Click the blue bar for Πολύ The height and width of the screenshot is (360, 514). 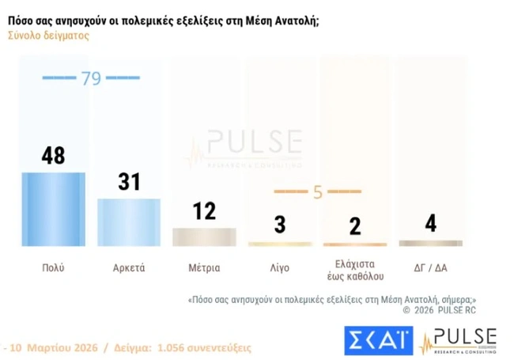[54, 209]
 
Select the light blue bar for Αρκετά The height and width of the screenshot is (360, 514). [128, 222]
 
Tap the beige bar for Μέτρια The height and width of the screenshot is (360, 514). [204, 237]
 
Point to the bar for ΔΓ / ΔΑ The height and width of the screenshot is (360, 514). [431, 243]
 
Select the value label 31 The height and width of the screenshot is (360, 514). [128, 182]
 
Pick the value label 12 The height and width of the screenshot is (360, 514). [204, 210]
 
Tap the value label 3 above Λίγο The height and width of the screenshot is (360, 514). [280, 225]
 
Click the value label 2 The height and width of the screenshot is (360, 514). [355, 225]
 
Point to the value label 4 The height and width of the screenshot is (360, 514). [431, 222]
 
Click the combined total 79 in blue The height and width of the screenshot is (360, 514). [90, 78]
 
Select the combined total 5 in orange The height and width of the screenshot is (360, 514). [317, 191]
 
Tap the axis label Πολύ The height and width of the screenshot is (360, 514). [53, 267]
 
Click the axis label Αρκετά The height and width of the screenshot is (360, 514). [128, 267]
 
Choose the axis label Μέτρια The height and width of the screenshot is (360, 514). [204, 267]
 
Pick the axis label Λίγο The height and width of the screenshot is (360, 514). [279, 267]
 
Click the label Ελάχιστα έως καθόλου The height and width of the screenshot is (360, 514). [355, 270]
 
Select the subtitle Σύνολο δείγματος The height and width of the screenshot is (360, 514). [48, 36]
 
